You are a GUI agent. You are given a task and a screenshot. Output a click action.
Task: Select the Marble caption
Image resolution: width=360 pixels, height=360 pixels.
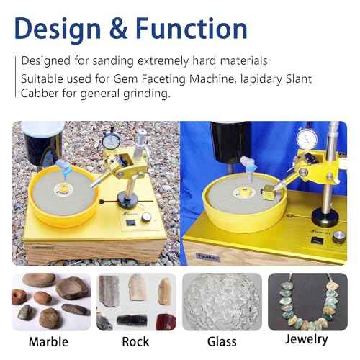pyautogui.click(x=49, y=341)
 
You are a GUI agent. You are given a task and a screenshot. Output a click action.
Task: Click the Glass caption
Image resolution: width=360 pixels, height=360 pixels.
pyautogui.click(x=220, y=341)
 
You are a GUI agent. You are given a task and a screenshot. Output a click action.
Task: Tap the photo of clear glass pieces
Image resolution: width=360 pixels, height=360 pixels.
pyautogui.click(x=221, y=301)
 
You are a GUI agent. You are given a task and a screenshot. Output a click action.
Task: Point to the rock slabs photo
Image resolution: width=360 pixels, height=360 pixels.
pyautogui.click(x=135, y=302)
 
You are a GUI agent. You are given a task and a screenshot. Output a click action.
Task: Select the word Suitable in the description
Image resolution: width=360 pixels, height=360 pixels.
pyautogui.click(x=42, y=77)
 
